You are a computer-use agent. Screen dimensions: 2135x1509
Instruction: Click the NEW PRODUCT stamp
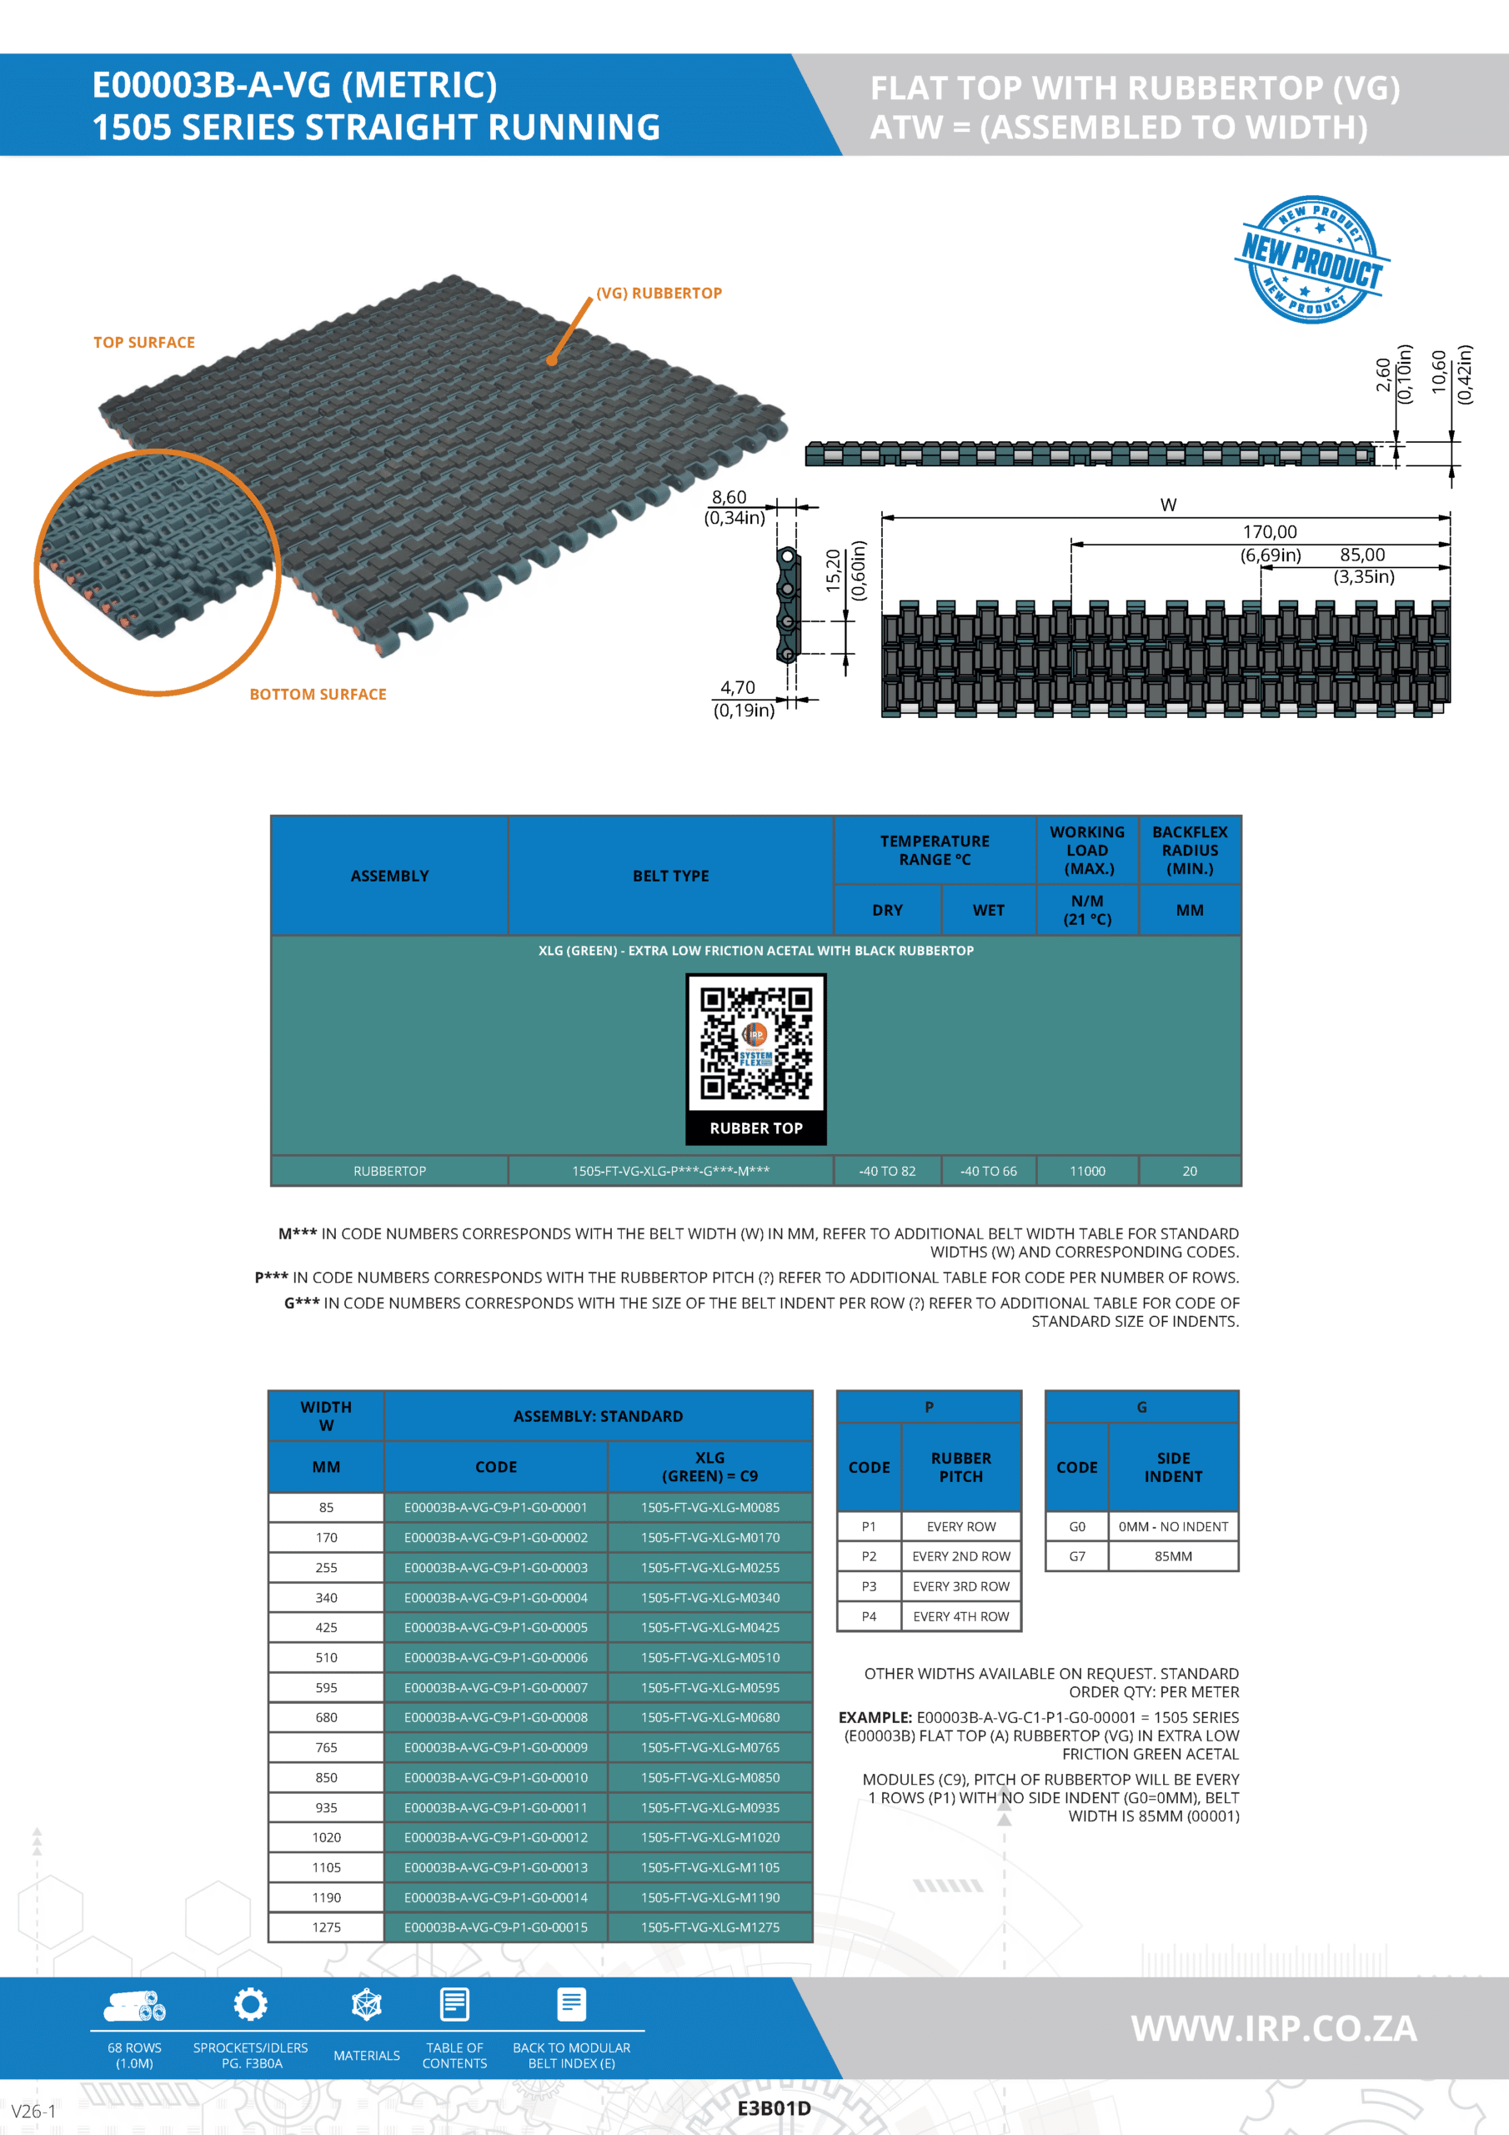point(1312,259)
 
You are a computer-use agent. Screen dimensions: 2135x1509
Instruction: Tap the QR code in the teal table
point(756,1043)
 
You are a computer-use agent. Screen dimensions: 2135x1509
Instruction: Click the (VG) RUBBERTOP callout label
point(659,293)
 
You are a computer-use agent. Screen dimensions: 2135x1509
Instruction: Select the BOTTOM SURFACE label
point(318,694)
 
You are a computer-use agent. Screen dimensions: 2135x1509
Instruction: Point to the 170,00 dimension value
point(1269,532)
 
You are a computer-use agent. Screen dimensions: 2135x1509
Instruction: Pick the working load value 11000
point(1087,1171)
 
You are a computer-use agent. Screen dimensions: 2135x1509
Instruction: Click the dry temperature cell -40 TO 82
point(887,1171)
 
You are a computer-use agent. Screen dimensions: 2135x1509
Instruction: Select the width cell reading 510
point(326,1657)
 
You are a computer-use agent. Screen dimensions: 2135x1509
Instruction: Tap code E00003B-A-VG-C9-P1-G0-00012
point(495,1837)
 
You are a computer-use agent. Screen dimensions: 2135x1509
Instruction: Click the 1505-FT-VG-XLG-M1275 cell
point(709,1927)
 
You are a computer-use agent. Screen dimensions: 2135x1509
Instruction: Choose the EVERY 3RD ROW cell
point(960,1586)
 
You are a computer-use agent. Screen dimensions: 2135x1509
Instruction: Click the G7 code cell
point(1076,1555)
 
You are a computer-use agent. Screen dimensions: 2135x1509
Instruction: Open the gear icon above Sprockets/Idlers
point(250,2004)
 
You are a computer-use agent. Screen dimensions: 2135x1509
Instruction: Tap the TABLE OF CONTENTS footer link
point(454,2055)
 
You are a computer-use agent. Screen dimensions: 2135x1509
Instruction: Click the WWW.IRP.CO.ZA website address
point(1274,2028)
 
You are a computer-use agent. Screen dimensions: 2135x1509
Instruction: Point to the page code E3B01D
point(774,2108)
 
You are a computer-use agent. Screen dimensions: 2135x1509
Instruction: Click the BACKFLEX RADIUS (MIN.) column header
point(1189,850)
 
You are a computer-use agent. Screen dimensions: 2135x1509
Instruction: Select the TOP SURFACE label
point(144,342)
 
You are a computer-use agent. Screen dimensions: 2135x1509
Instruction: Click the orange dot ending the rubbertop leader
point(552,359)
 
